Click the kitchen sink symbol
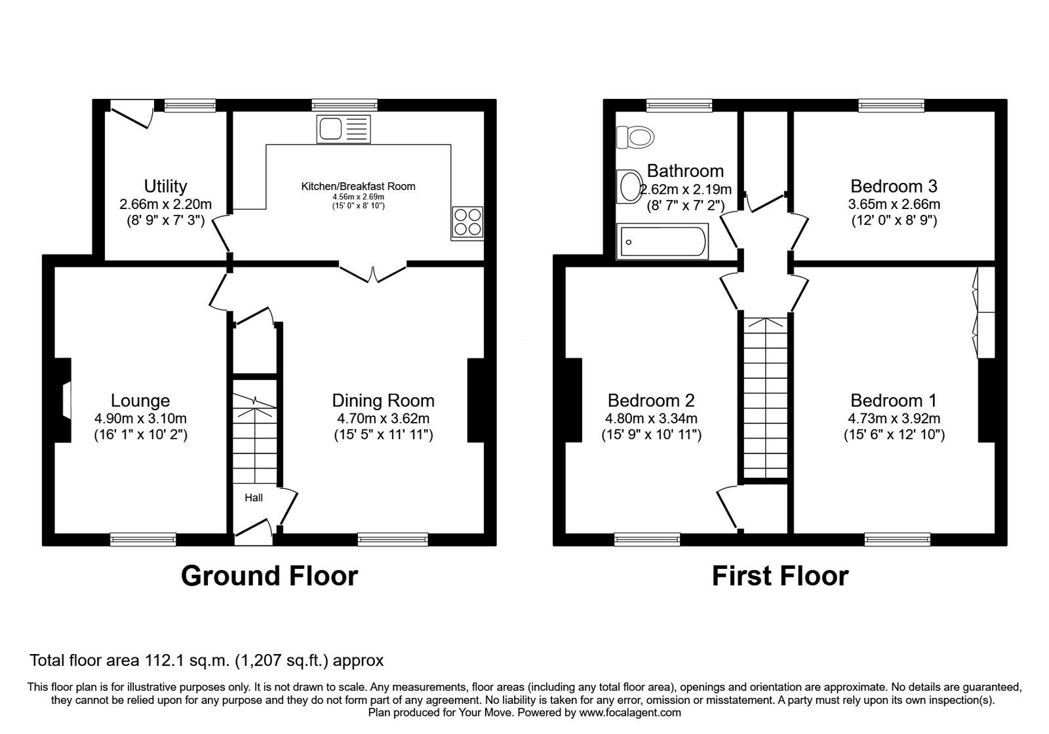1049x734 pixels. point(344,128)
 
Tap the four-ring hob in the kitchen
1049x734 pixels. point(467,223)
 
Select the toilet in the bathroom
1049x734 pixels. point(635,137)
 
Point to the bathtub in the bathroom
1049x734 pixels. point(662,241)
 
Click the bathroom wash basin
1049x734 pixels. point(629,186)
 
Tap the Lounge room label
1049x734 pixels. point(140,400)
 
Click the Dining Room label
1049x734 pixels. point(383,400)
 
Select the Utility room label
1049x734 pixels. point(165,186)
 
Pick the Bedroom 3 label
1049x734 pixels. point(894,186)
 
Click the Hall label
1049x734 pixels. point(254,497)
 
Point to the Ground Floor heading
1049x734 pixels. point(269,576)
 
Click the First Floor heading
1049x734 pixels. point(780,576)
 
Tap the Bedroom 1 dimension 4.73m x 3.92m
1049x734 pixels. point(894,419)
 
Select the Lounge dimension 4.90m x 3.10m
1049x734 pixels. point(140,419)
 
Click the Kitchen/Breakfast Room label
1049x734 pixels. point(358,186)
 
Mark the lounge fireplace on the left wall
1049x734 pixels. point(63,400)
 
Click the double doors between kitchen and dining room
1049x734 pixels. point(373,273)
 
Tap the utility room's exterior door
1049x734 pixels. point(132,114)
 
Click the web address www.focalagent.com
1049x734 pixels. point(630,712)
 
